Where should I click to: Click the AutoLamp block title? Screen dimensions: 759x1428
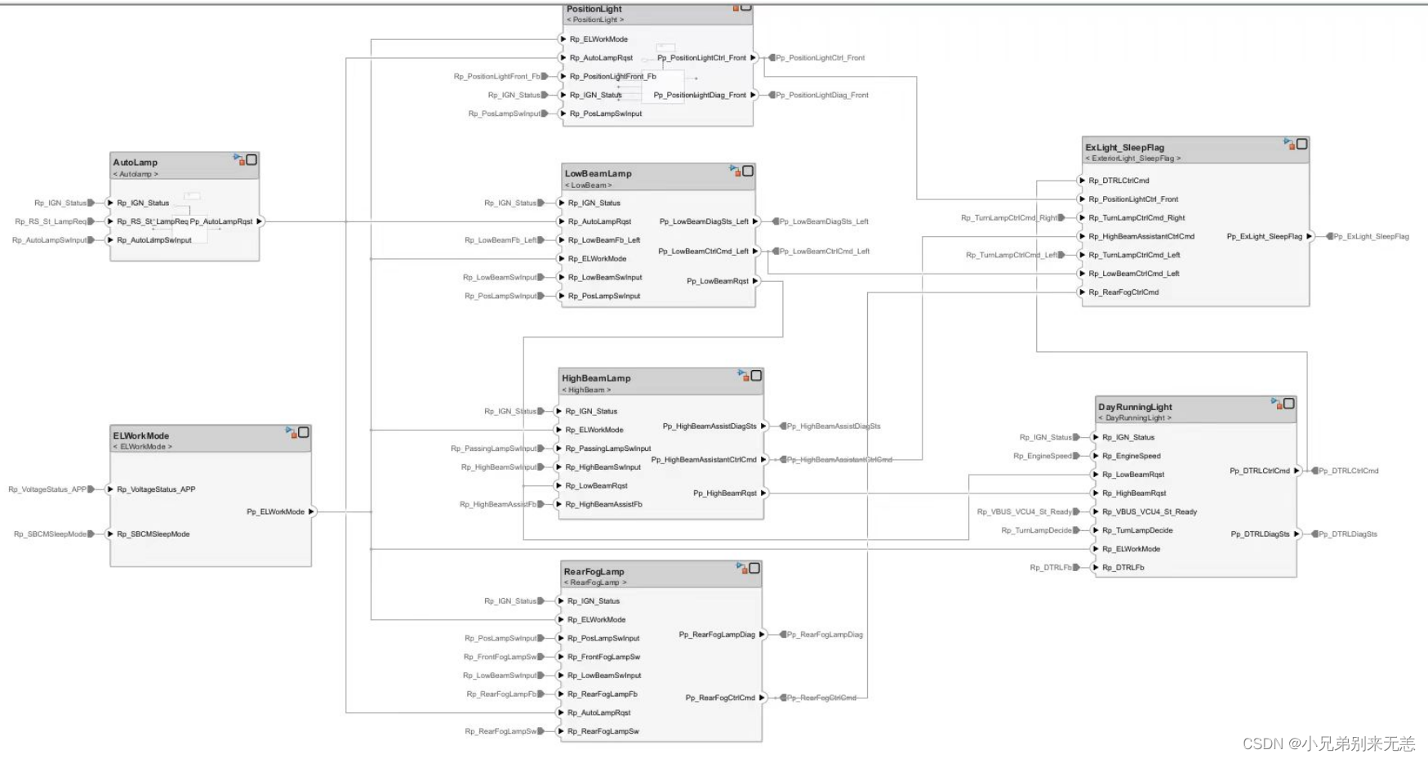coord(136,163)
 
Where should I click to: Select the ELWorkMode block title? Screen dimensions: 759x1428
coord(141,435)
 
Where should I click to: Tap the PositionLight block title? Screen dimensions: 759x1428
coord(594,9)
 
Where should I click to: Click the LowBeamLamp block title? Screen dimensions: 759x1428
coord(598,173)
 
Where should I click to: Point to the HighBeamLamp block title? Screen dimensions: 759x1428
coord(596,378)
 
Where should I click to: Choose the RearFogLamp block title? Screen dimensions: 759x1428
coord(594,572)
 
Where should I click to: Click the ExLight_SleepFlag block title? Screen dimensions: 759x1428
coord(1124,148)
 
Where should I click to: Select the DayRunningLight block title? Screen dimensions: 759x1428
coord(1135,407)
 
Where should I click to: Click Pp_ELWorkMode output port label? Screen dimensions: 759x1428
coord(275,511)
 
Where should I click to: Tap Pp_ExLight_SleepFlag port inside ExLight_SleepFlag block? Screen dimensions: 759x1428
coord(1264,236)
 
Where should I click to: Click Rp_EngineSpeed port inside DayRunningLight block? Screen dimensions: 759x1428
coord(1131,456)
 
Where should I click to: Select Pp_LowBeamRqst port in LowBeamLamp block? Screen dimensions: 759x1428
coord(718,281)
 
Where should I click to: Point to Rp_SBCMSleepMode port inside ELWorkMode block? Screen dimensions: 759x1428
coord(153,534)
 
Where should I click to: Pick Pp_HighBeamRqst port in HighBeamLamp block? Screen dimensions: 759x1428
coord(725,493)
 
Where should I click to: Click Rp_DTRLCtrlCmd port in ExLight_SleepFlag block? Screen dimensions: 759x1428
coord(1125,181)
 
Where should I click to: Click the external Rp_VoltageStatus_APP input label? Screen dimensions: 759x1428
coord(47,489)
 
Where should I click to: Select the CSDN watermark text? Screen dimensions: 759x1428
coord(1328,743)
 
